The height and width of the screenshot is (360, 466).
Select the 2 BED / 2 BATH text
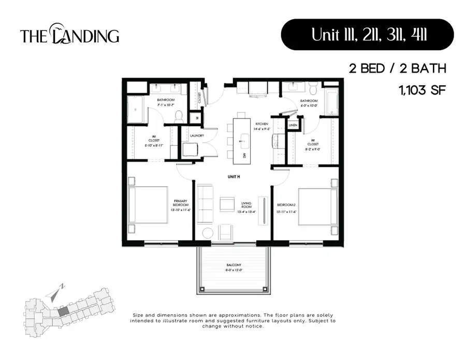pyautogui.click(x=397, y=68)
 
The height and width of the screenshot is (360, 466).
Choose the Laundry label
pyautogui.click(x=197, y=136)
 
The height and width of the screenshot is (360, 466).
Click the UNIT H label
pyautogui.click(x=234, y=176)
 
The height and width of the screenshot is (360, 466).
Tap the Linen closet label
pyautogui.click(x=293, y=125)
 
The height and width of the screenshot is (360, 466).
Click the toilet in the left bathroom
pyautogui.click(x=179, y=117)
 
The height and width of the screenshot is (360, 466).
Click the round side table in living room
pyautogui.click(x=208, y=233)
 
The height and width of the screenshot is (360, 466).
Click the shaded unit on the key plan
pyautogui.click(x=62, y=311)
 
